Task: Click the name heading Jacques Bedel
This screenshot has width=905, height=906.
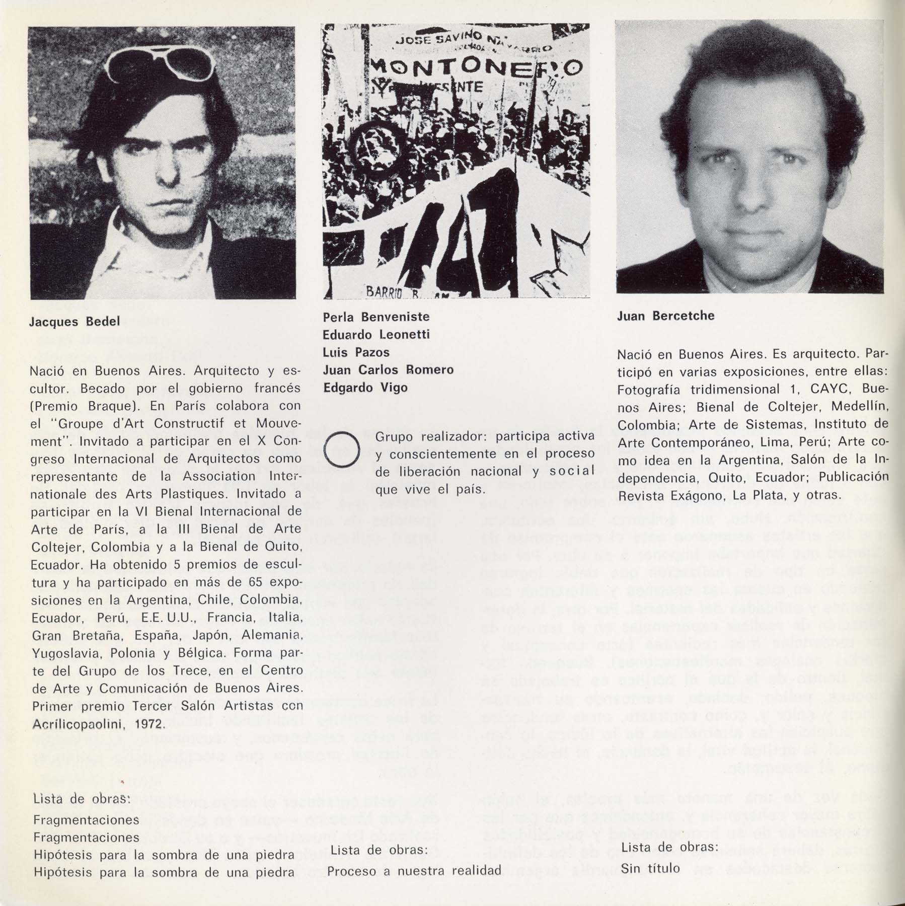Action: (x=74, y=322)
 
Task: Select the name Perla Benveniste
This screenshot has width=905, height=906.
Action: (x=376, y=317)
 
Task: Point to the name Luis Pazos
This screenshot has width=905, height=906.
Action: (x=356, y=352)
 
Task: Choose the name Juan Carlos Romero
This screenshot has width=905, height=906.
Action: (x=388, y=370)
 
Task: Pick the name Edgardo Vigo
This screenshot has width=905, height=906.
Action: (x=365, y=388)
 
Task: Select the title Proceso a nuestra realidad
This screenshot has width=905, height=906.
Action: (x=414, y=870)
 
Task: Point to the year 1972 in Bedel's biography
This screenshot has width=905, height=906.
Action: (x=148, y=724)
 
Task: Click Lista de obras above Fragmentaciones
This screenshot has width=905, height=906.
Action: (x=82, y=799)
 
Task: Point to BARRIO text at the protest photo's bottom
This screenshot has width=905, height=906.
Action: (x=383, y=291)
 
